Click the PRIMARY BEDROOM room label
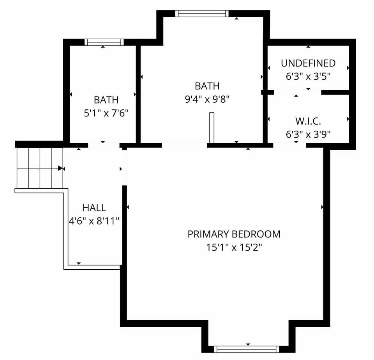pyautogui.click(x=234, y=234)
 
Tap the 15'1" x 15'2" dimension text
pyautogui.click(x=234, y=247)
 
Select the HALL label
pyautogui.click(x=94, y=208)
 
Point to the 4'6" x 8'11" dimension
pyautogui.click(x=94, y=221)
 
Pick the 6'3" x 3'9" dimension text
pyautogui.click(x=308, y=135)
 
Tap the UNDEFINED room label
pyautogui.click(x=308, y=63)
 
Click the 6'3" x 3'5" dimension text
pyautogui.click(x=308, y=76)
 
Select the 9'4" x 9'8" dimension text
pyautogui.click(x=207, y=99)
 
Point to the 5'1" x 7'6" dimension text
pyautogui.click(x=106, y=113)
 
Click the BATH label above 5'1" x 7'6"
pyautogui.click(x=106, y=100)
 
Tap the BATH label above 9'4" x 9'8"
pyautogui.click(x=207, y=86)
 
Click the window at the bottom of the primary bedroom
pyautogui.click(x=247, y=349)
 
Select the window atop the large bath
pyautogui.click(x=202, y=14)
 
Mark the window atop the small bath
pyautogui.click(x=104, y=42)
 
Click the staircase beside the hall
pyautogui.click(x=39, y=168)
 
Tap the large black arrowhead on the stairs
pyautogui.click(x=60, y=169)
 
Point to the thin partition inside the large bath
pyautogui.click(x=212, y=128)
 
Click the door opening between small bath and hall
pyautogui.click(x=104, y=146)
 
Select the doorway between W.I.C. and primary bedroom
pyautogui.click(x=289, y=146)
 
